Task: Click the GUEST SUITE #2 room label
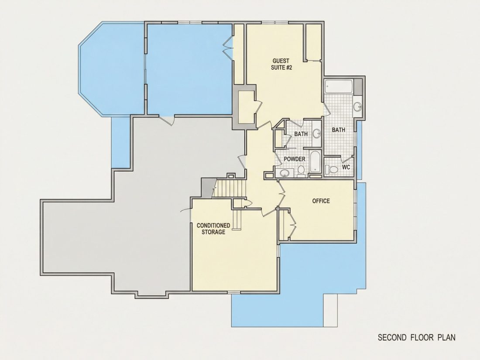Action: pyautogui.click(x=281, y=64)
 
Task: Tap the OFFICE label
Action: pyautogui.click(x=321, y=201)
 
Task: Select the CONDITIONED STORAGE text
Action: pyautogui.click(x=213, y=229)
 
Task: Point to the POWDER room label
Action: pyautogui.click(x=295, y=159)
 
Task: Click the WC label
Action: pyautogui.click(x=346, y=168)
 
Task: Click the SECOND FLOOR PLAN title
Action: pyautogui.click(x=416, y=337)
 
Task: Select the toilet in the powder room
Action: pyautogui.click(x=301, y=171)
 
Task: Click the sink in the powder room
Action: pyautogui.click(x=285, y=173)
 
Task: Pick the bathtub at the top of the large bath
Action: pyautogui.click(x=339, y=86)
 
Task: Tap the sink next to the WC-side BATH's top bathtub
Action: pyautogui.click(x=357, y=106)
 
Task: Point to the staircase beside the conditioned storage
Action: pyautogui.click(x=230, y=189)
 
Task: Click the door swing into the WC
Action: pyautogui.click(x=346, y=159)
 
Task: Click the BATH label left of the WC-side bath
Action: pyautogui.click(x=301, y=134)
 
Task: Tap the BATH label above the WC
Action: pyautogui.click(x=339, y=130)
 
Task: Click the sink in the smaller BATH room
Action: pyautogui.click(x=317, y=134)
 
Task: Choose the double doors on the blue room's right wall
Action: pyautogui.click(x=228, y=48)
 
